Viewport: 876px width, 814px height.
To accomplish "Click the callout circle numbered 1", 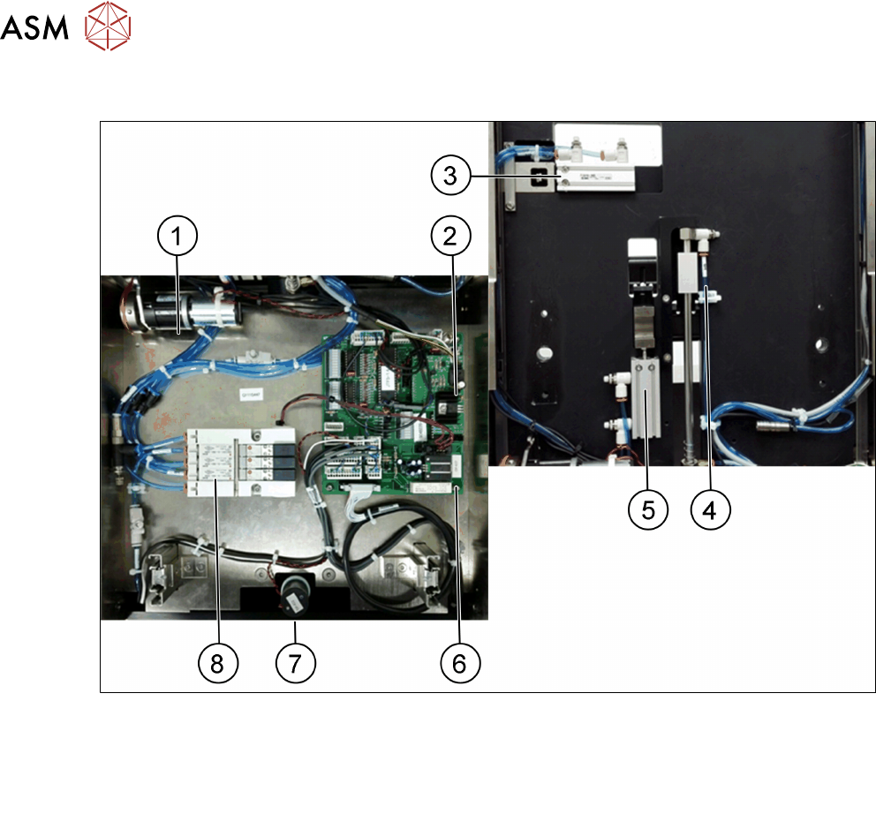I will click(177, 237).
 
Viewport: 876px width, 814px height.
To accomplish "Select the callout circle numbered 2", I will click(451, 237).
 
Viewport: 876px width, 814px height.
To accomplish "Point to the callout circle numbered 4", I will click(711, 509).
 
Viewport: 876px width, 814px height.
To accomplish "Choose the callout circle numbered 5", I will click(648, 509).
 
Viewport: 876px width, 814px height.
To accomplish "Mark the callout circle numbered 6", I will click(459, 662).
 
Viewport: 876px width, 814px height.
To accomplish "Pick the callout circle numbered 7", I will click(295, 662).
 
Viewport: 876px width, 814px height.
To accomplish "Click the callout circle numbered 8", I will click(217, 662).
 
